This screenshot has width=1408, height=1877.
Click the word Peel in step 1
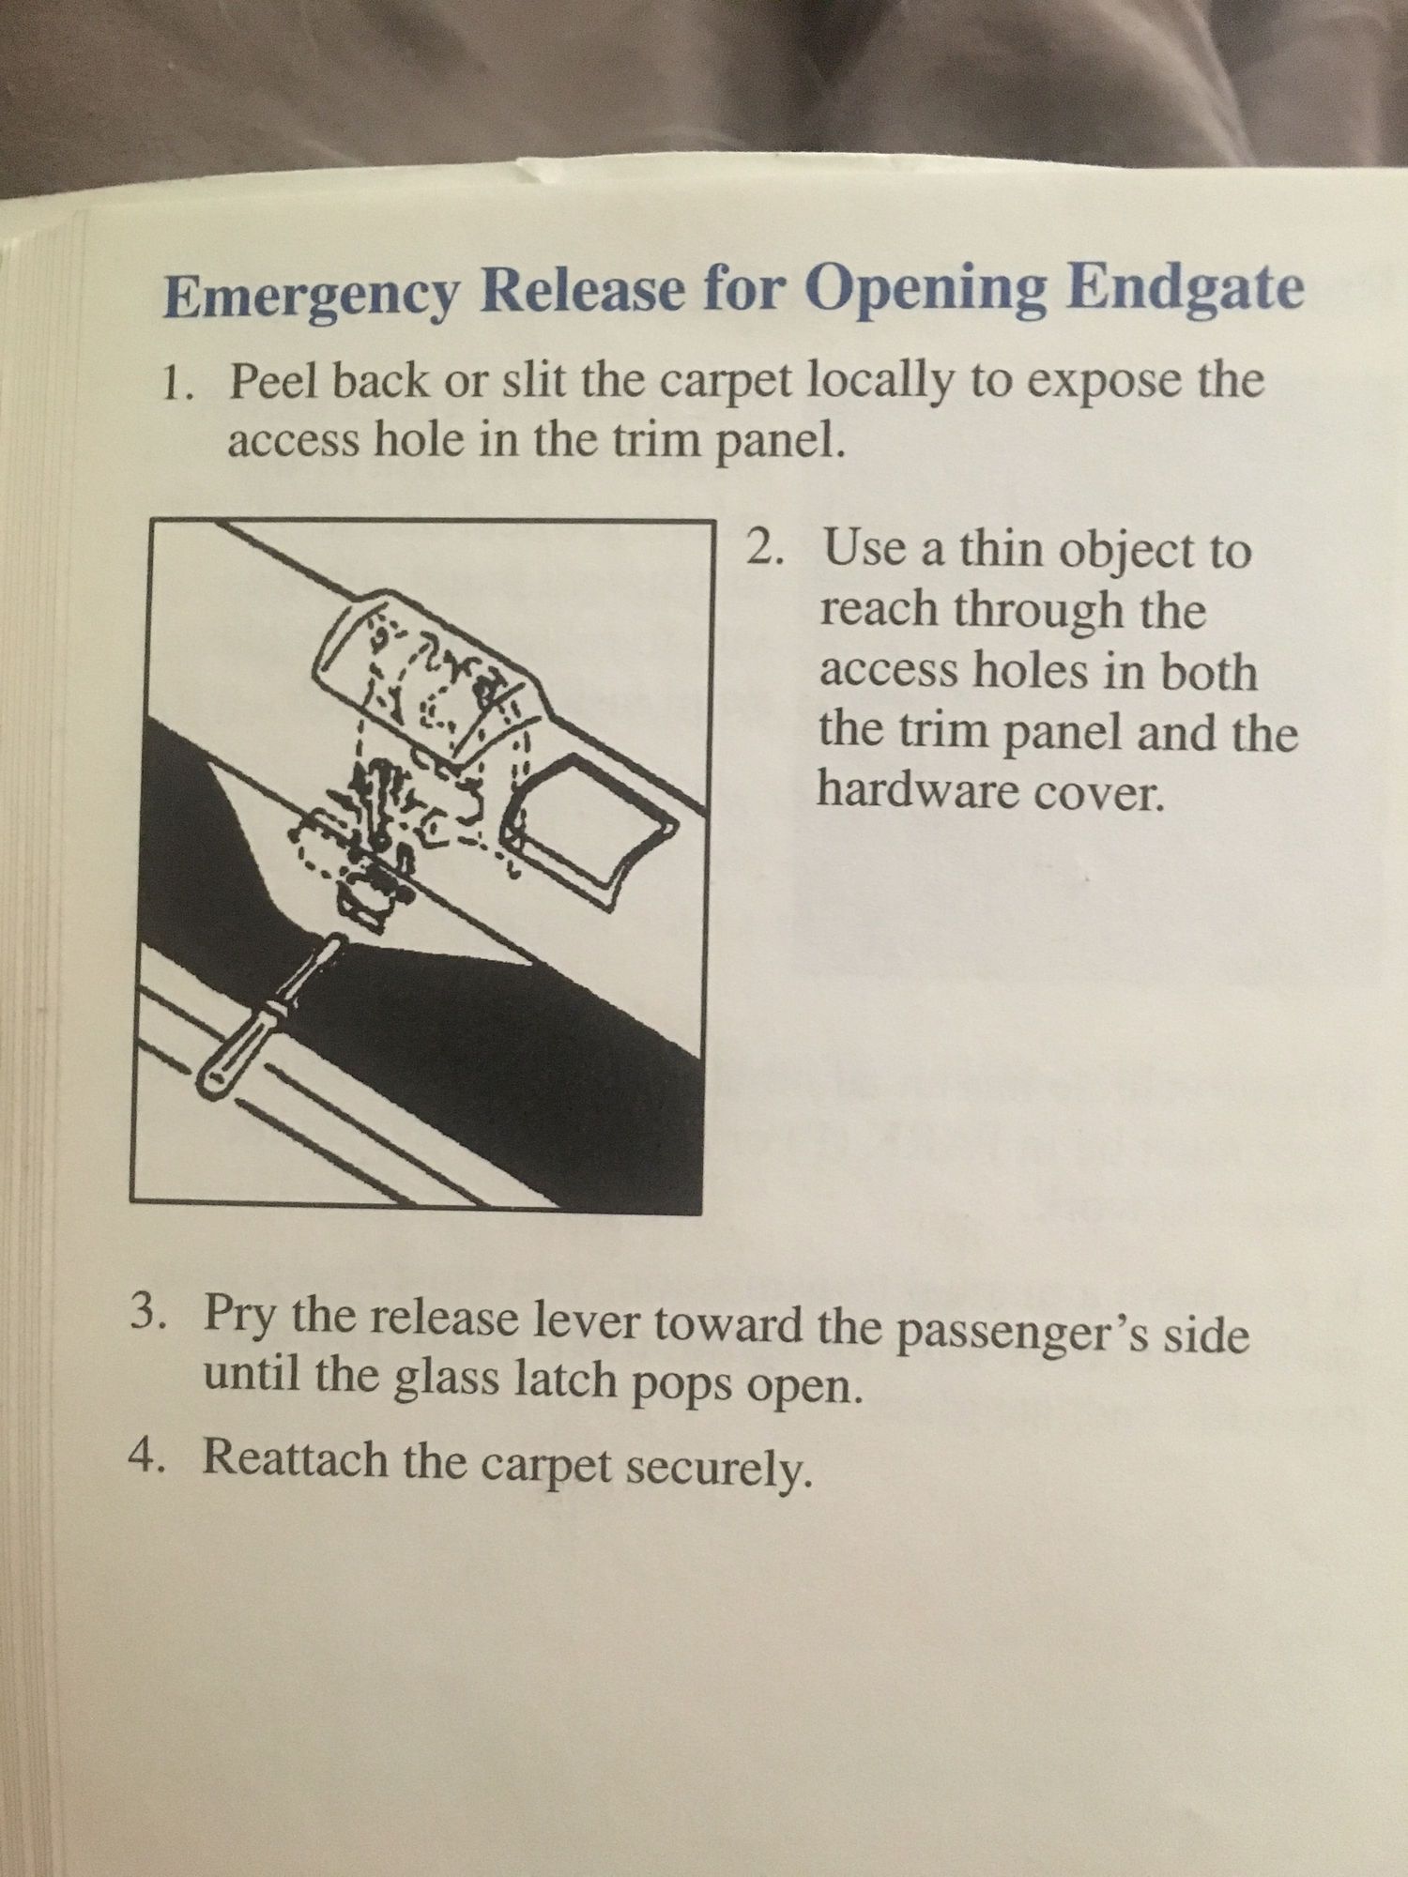click(x=272, y=382)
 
